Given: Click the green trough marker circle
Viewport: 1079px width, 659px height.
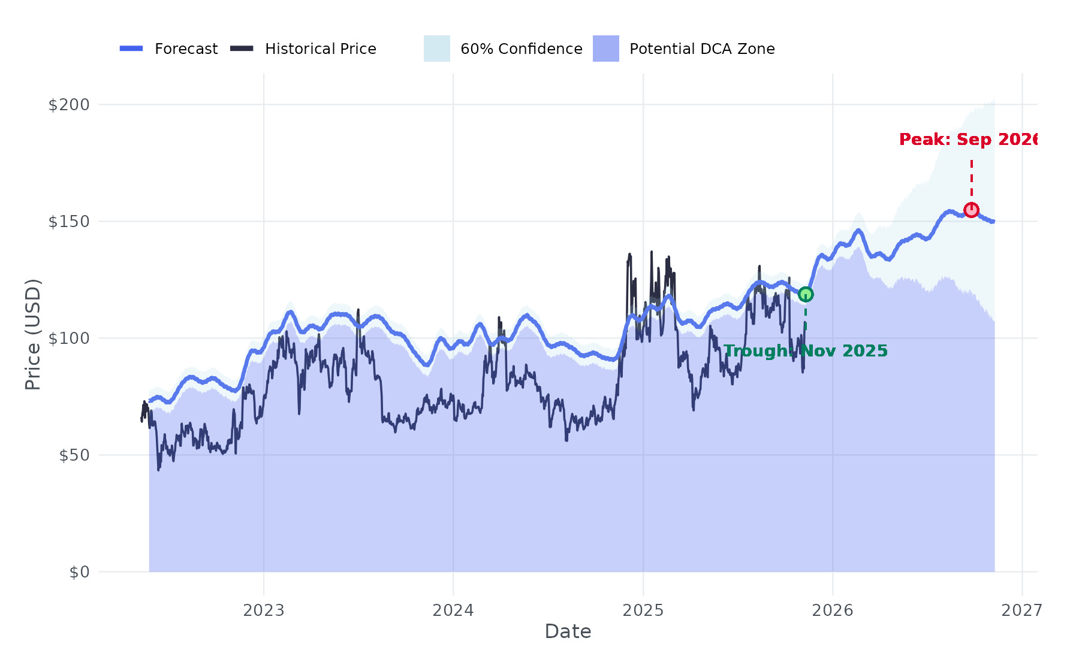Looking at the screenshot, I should point(806,294).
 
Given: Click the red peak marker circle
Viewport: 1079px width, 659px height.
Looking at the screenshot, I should point(971,210).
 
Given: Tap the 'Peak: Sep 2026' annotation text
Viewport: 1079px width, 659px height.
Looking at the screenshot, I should point(968,140).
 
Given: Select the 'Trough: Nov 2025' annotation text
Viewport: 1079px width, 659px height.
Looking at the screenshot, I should point(806,351).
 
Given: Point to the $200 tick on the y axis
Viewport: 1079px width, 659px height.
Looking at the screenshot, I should point(68,105).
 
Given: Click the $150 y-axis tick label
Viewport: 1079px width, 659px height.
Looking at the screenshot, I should point(68,222).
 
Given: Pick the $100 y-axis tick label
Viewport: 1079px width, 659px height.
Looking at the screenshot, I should point(68,338).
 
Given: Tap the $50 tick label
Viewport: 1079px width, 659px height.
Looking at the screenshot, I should point(74,455).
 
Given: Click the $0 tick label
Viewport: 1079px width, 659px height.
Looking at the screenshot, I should point(79,572).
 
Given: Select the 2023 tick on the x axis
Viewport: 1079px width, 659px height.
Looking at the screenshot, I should point(264,610).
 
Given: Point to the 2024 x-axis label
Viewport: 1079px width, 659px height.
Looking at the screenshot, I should point(453,610).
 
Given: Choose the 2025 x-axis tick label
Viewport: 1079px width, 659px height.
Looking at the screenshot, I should point(643,610).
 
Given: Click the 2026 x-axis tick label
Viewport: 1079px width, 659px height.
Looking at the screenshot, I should point(833,610).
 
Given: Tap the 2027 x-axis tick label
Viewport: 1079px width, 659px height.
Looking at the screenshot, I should point(1022,610).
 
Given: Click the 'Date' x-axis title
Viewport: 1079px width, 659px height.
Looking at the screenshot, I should point(568,631).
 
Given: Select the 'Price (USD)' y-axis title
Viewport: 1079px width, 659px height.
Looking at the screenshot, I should point(33,334).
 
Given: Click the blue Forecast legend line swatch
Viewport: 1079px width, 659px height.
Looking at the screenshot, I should point(131,49).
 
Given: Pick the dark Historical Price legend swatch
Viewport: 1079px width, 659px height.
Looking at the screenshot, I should point(242,49).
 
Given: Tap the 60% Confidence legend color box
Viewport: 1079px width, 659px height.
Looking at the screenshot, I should point(437,49).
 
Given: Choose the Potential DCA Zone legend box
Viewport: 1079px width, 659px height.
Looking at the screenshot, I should point(606,49).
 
